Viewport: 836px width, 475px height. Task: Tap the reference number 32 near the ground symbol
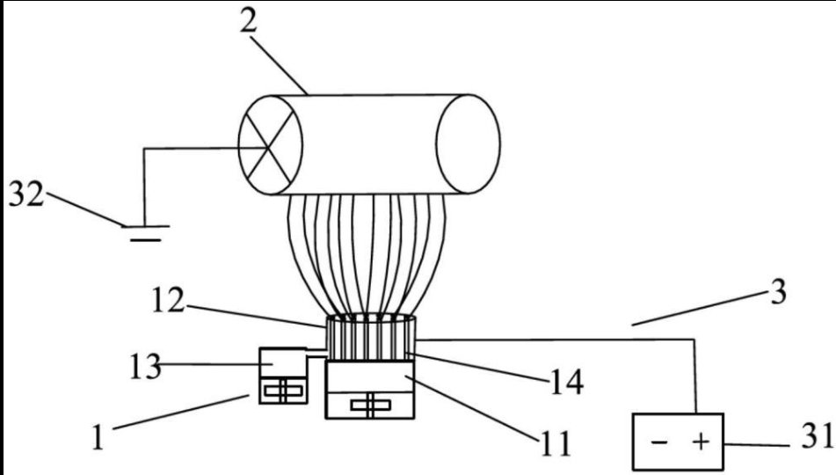(x=26, y=194)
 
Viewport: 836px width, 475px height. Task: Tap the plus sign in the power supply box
(x=700, y=439)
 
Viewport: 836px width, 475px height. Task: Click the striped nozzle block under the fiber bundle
(x=369, y=338)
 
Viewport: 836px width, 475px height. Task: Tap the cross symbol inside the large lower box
(x=369, y=405)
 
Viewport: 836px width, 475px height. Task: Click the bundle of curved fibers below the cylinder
(x=369, y=255)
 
